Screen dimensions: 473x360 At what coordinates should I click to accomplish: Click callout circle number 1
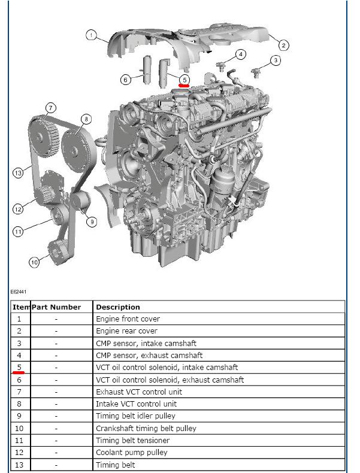point(90,35)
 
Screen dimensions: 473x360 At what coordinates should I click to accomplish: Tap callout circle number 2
point(283,44)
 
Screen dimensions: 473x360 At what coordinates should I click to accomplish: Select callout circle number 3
point(275,60)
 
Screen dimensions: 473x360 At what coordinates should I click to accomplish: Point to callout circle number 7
point(50,108)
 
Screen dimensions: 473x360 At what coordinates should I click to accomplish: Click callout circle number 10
point(34,262)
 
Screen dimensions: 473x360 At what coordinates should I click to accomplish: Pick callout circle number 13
point(18,173)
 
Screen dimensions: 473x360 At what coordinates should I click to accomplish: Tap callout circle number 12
point(18,209)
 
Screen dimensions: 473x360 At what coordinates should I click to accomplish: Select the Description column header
point(118,307)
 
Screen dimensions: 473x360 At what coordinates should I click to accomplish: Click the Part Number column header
point(56,307)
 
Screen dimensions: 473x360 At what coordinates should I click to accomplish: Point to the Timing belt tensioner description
point(132,441)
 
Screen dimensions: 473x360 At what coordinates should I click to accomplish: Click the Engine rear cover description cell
point(126,331)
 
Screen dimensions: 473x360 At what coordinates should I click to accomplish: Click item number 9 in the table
point(19,416)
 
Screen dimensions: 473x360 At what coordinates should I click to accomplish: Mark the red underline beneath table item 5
point(19,372)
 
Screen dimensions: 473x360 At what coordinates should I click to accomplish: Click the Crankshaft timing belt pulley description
point(146,429)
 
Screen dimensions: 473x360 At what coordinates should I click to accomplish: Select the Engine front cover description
point(128,319)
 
